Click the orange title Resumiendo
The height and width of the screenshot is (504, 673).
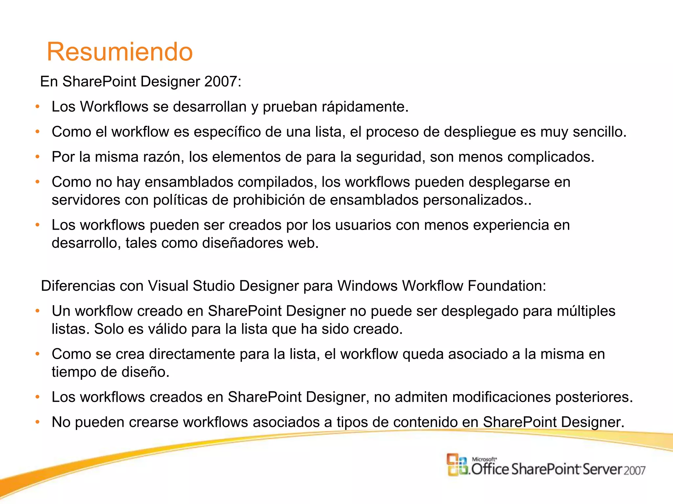(x=120, y=52)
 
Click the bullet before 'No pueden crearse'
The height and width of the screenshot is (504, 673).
(x=38, y=422)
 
